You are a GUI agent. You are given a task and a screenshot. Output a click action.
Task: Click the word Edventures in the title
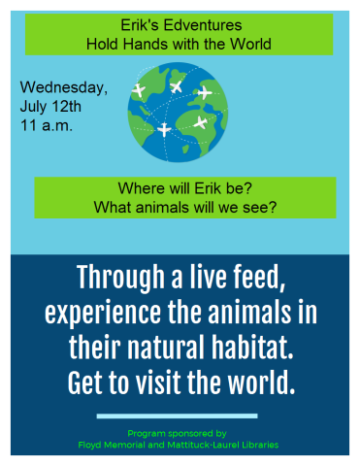(200, 25)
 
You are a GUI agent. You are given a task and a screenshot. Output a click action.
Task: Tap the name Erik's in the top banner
(140, 25)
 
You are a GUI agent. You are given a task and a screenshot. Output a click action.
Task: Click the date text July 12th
(51, 106)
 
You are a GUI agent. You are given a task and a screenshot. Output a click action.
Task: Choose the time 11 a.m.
(47, 124)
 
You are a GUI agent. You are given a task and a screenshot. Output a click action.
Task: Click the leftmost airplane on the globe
(138, 90)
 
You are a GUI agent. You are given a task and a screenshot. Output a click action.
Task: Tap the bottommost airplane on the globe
(164, 129)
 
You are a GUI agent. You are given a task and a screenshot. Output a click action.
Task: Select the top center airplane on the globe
(177, 86)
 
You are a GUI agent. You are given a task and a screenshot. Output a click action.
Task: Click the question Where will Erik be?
(184, 188)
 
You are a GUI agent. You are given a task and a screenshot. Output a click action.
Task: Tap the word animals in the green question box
(171, 207)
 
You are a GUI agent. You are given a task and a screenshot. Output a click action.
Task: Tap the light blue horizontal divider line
(178, 416)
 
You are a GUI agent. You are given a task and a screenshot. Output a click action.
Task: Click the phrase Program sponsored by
(177, 433)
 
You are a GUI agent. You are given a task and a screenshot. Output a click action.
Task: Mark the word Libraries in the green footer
(255, 444)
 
